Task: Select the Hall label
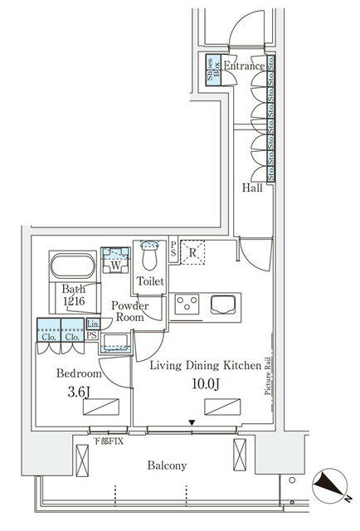[252, 188]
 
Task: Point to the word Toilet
[151, 282]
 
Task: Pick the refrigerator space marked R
[192, 252]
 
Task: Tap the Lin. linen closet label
[94, 324]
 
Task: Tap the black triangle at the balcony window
[192, 423]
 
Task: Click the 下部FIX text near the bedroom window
[109, 441]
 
